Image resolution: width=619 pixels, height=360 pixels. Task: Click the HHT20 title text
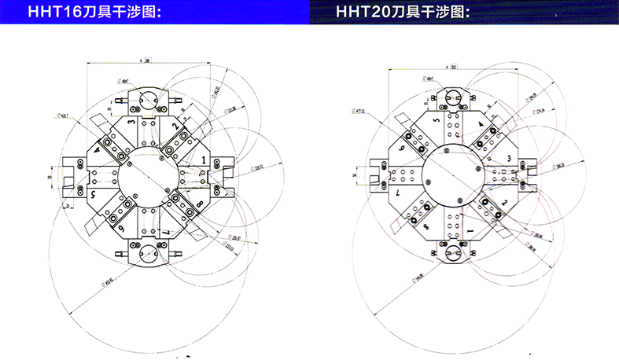pos(403,13)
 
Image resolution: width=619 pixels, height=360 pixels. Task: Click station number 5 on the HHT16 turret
pos(92,193)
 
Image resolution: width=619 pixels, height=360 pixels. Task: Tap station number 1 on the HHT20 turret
pos(470,229)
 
